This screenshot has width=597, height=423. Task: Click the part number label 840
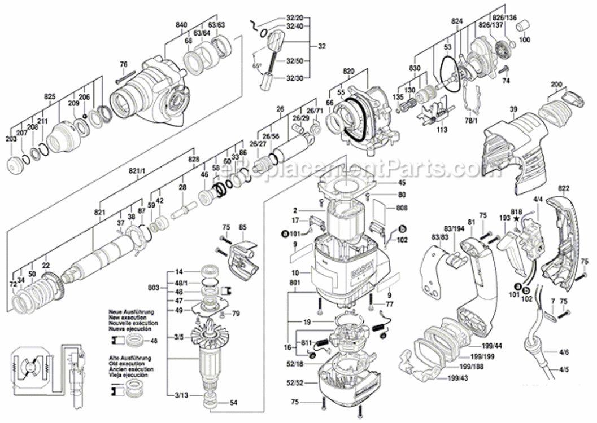[181, 25]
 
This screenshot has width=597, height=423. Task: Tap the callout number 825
[50, 97]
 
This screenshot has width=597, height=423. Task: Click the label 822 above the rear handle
[564, 188]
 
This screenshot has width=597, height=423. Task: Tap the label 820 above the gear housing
[348, 72]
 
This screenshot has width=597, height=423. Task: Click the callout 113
[442, 130]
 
